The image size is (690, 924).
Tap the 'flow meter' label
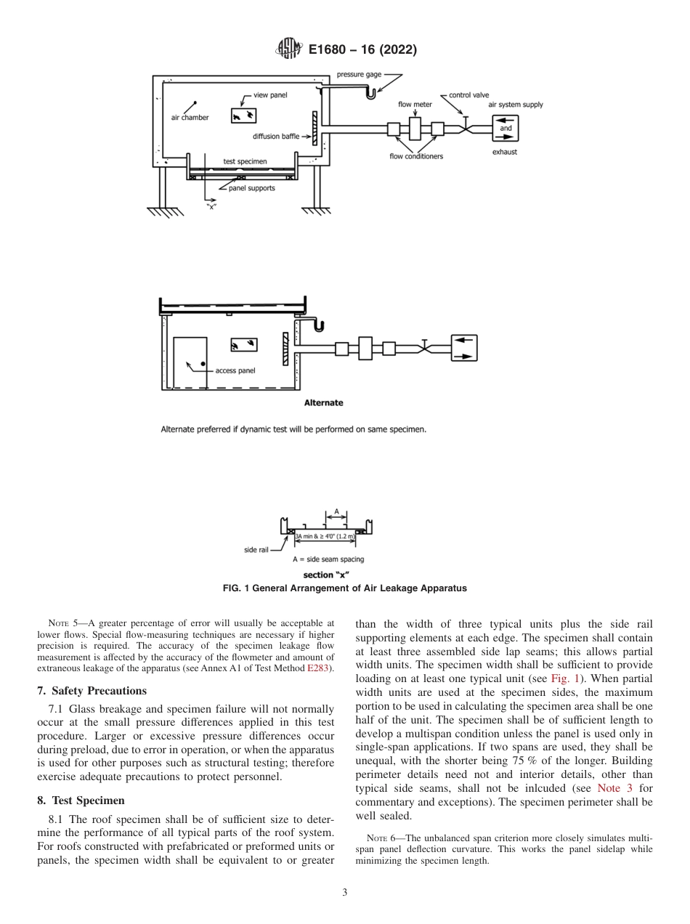(x=415, y=105)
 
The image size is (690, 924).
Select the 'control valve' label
(x=469, y=95)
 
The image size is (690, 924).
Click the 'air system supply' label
(x=516, y=105)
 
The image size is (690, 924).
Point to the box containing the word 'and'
(x=506, y=129)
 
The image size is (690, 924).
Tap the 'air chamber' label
(x=190, y=118)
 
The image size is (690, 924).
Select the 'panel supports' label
(x=251, y=188)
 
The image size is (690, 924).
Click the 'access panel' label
(x=235, y=370)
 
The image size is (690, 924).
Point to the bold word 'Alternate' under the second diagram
(x=323, y=402)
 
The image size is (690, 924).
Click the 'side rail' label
(x=256, y=550)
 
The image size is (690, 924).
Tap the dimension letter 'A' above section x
(x=336, y=511)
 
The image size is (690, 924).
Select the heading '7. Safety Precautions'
(x=92, y=690)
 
